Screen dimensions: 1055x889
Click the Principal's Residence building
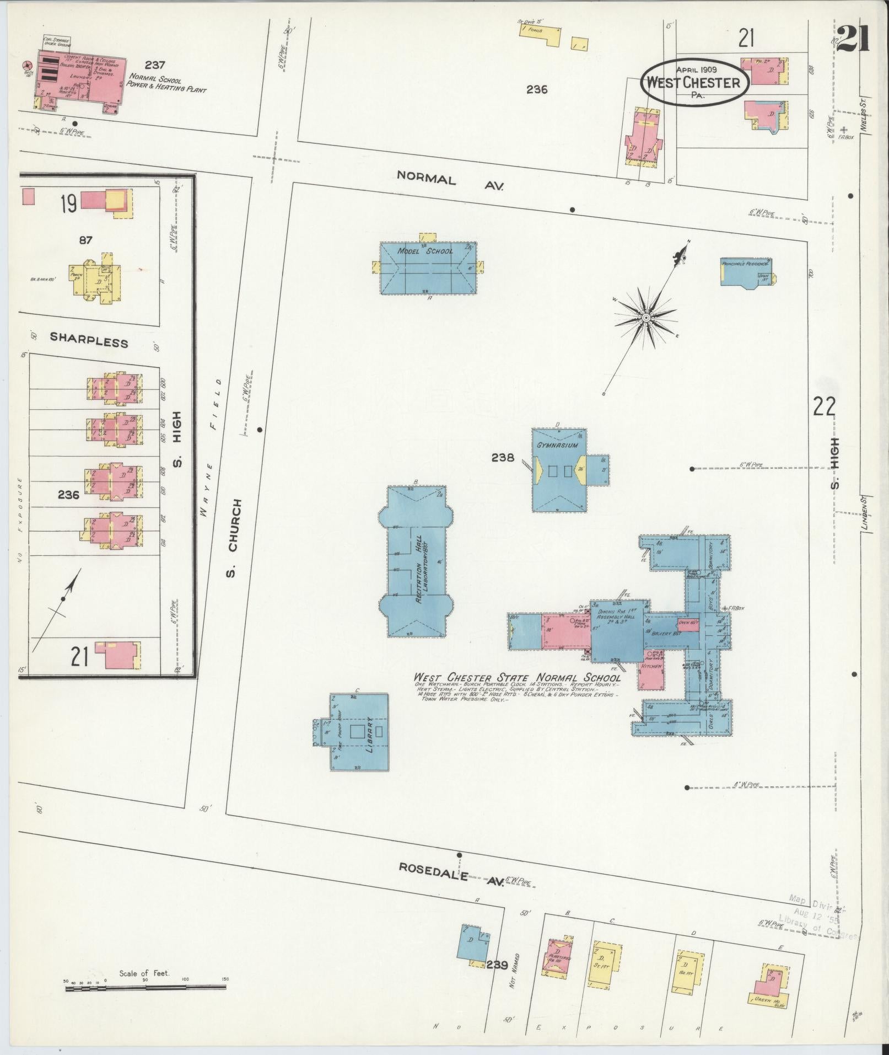pos(747,272)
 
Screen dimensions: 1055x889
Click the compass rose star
pos(645,318)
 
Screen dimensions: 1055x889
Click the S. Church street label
pos(234,538)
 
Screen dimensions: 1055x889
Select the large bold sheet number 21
pos(852,38)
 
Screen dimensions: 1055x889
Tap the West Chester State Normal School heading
pos(518,678)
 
